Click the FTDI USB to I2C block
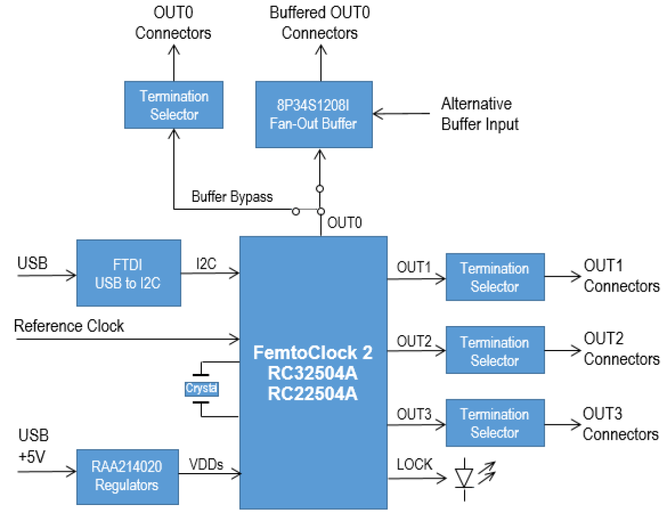click(x=129, y=273)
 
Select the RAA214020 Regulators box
click(x=127, y=476)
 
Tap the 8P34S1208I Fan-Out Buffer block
click(x=314, y=114)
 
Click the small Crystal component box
click(x=201, y=388)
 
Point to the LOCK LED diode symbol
click(x=465, y=477)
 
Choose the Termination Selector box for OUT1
click(x=495, y=277)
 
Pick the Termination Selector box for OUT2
click(x=495, y=350)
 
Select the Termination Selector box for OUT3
click(x=495, y=423)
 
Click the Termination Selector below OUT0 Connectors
click(x=174, y=105)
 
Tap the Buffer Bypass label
click(x=232, y=197)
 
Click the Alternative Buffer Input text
click(x=479, y=114)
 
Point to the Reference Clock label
click(x=69, y=326)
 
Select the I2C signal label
click(x=206, y=264)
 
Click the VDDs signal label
click(x=206, y=465)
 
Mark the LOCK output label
click(x=414, y=465)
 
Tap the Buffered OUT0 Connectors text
click(x=320, y=23)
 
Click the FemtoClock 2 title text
click(x=313, y=353)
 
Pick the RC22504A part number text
click(x=313, y=394)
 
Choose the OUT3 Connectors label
click(x=620, y=424)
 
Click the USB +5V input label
click(x=33, y=446)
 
